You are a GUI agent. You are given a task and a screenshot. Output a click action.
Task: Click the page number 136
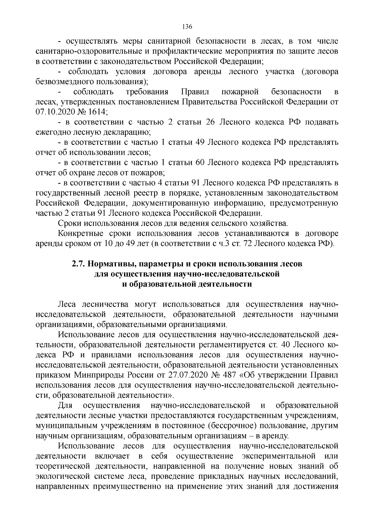187,26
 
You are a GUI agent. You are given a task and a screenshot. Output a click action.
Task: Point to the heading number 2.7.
78,264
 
